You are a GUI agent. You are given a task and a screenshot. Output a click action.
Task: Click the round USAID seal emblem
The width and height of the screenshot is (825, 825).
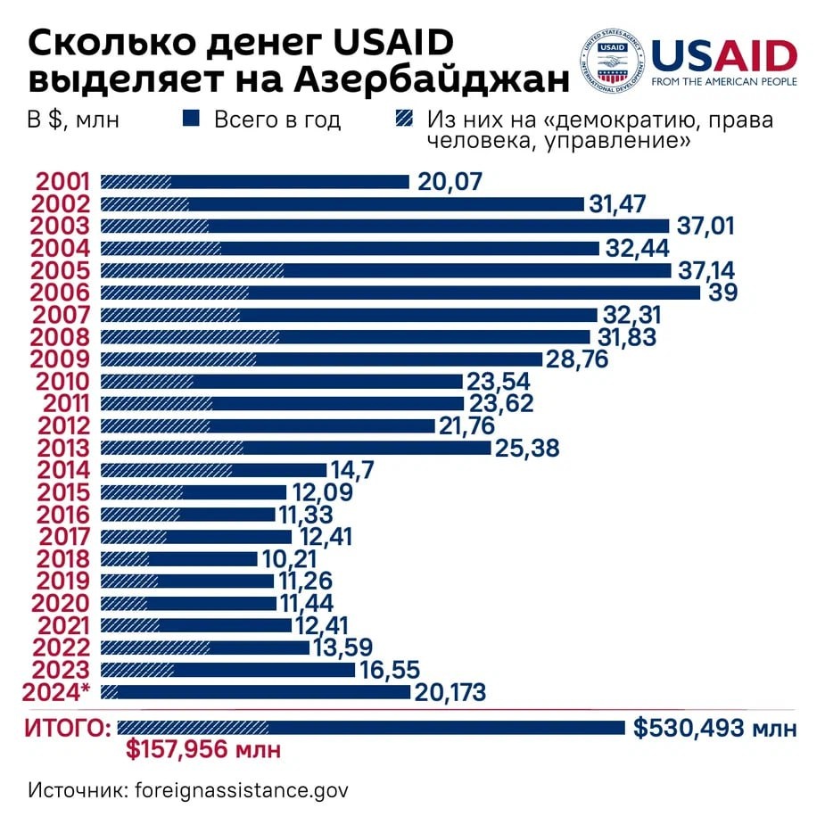coord(613,62)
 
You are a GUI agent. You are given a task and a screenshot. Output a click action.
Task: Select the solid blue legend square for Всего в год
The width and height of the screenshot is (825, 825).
coord(191,119)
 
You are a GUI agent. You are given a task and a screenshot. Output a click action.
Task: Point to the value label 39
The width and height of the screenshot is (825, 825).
coord(722,293)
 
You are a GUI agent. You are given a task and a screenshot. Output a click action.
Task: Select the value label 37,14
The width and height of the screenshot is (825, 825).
coord(706,270)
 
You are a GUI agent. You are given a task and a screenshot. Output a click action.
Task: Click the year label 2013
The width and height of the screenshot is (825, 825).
coord(60,448)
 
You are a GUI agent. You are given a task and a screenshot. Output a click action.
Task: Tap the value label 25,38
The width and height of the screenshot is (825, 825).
coord(528,448)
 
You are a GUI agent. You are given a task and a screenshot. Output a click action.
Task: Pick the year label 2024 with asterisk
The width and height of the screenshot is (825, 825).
coord(64,692)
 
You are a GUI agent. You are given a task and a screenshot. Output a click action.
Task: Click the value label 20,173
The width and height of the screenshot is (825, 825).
coord(450,692)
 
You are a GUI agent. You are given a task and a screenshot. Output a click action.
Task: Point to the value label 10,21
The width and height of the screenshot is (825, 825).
coord(293,559)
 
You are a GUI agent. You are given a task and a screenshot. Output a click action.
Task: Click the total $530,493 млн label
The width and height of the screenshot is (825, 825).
coord(714,729)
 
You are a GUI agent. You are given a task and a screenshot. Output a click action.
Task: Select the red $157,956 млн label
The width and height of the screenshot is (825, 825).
coord(202,750)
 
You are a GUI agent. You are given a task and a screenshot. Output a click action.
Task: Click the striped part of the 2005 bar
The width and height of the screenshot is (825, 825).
coord(192,270)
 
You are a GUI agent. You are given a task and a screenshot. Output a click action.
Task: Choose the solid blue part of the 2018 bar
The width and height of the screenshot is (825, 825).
coord(202,559)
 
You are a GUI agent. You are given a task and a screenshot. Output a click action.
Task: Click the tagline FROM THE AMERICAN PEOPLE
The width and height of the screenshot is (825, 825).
coord(724,82)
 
